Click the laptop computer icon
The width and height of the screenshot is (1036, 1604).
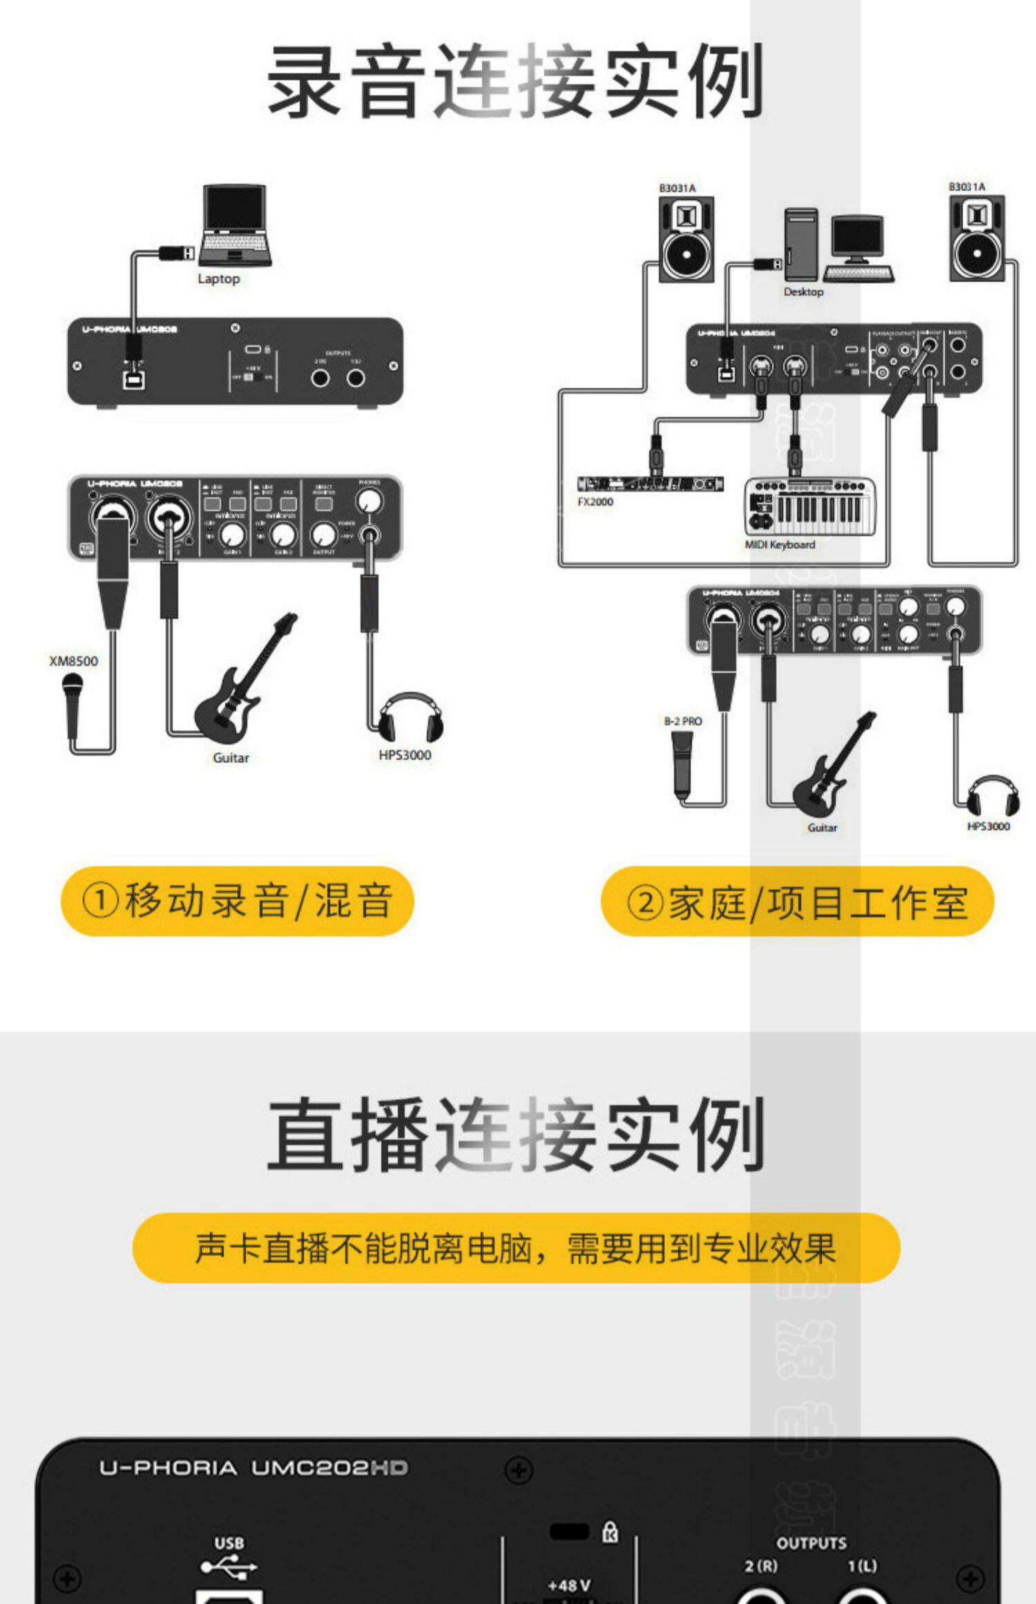tap(235, 225)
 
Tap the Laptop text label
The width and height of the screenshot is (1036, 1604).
tap(218, 279)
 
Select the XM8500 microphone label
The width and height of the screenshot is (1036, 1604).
tap(74, 661)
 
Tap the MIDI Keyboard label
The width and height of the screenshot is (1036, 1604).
tap(780, 545)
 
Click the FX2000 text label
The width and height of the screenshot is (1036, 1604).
tap(595, 502)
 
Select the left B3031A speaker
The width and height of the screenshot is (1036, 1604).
tap(685, 240)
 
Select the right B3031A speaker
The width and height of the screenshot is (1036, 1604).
tap(977, 238)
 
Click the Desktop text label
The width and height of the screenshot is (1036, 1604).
tap(803, 292)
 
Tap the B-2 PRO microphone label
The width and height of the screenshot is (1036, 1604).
tap(683, 721)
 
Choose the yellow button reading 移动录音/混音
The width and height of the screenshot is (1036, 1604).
tap(237, 901)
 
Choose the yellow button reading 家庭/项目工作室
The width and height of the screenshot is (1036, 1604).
tap(797, 902)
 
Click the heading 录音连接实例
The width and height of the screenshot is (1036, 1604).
tap(515, 82)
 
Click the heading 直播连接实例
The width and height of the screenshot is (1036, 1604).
tap(515, 1135)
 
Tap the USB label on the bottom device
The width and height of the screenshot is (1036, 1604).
tap(229, 1543)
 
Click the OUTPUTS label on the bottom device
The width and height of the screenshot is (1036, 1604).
tap(812, 1543)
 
